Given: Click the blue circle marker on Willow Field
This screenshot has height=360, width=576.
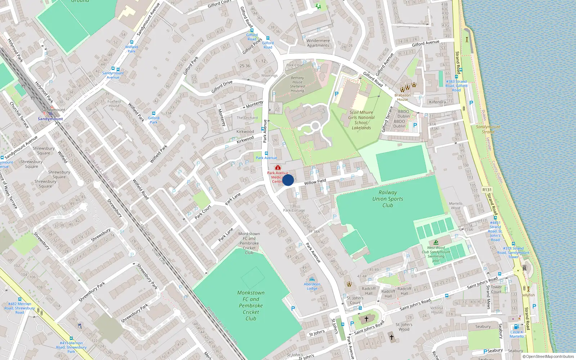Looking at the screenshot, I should (288, 180).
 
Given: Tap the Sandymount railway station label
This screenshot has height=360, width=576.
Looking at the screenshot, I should (50, 119).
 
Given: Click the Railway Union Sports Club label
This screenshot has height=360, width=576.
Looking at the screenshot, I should (388, 199).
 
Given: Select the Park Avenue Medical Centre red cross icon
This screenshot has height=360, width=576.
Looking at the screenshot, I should (278, 167).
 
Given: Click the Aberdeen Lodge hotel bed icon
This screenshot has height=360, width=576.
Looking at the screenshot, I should (312, 279).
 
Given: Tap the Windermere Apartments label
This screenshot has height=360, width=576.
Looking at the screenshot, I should (318, 43).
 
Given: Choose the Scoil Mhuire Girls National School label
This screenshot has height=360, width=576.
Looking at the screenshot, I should (361, 120).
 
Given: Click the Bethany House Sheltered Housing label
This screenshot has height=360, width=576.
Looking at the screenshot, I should (297, 84).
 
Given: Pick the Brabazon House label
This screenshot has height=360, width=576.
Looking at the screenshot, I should (402, 97).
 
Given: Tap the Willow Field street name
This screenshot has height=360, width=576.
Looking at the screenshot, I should (315, 182).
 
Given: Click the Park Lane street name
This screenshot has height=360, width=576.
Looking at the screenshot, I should (233, 199).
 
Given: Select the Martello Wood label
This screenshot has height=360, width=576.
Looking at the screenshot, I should (455, 206).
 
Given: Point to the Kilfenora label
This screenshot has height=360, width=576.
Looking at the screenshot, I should (437, 102).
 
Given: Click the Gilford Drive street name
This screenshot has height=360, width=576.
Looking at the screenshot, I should (222, 87).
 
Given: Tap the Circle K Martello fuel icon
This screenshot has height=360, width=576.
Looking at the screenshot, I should (516, 327).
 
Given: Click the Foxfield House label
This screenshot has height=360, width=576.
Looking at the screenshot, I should (114, 104).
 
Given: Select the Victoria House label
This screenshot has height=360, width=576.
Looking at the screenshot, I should (436, 310).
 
